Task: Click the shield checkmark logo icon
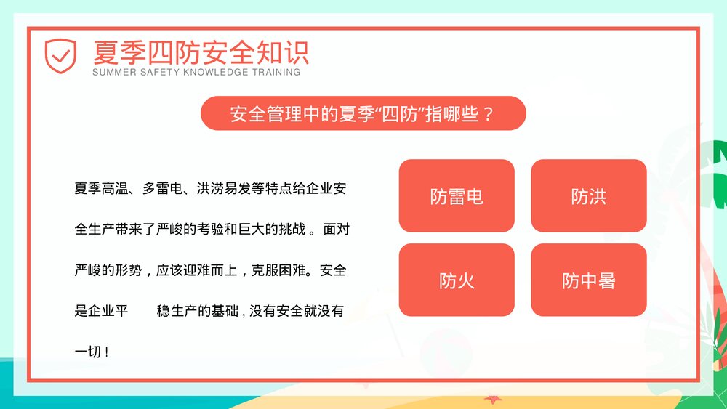click(x=60, y=55)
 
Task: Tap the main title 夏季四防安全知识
click(x=201, y=52)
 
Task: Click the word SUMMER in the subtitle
click(x=110, y=73)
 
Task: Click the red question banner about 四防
click(x=363, y=113)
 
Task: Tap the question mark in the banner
click(x=489, y=114)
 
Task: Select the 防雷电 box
click(x=457, y=196)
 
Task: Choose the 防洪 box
click(x=588, y=196)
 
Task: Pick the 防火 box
click(x=457, y=280)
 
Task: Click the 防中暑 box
click(x=588, y=280)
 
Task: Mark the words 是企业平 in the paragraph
click(x=102, y=312)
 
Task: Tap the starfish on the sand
click(x=494, y=399)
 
